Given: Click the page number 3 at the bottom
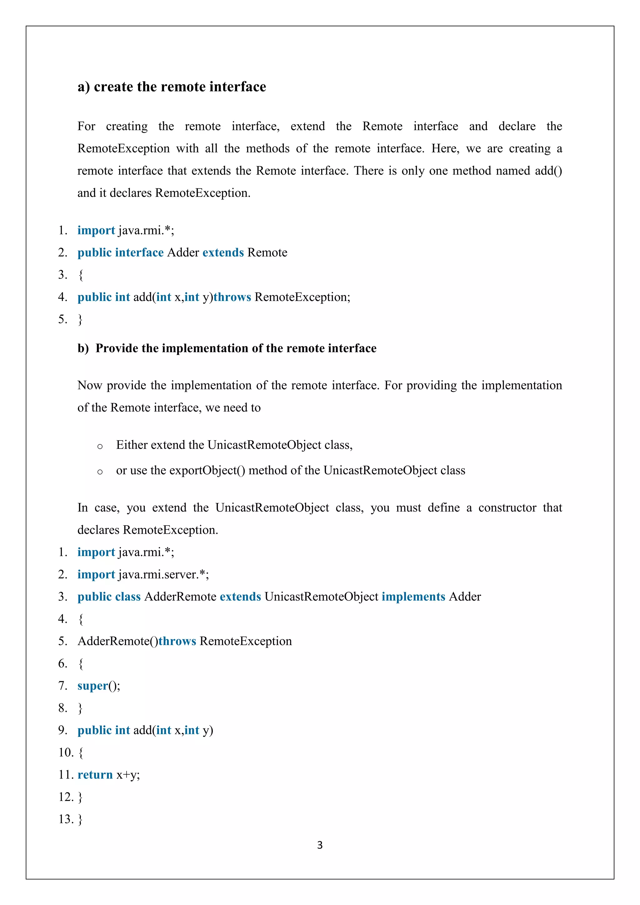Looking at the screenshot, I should [x=320, y=845].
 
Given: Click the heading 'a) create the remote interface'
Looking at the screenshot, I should [x=172, y=87].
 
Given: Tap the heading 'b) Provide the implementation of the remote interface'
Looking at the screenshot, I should [x=227, y=348].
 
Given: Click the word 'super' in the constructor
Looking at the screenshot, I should [x=92, y=686].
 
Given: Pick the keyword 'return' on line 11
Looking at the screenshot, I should [x=95, y=775].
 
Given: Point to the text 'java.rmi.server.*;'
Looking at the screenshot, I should [x=163, y=574].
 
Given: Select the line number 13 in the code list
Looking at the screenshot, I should [x=65, y=819].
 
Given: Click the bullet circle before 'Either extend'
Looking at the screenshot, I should [x=100, y=446].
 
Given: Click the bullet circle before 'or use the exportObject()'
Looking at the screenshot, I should [x=100, y=472].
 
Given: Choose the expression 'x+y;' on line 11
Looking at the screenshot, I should [x=128, y=775].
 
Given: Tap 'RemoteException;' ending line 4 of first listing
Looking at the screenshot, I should [x=302, y=297].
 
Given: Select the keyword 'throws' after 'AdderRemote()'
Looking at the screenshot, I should [x=177, y=641].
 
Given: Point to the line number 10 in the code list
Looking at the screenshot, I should [x=65, y=752].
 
